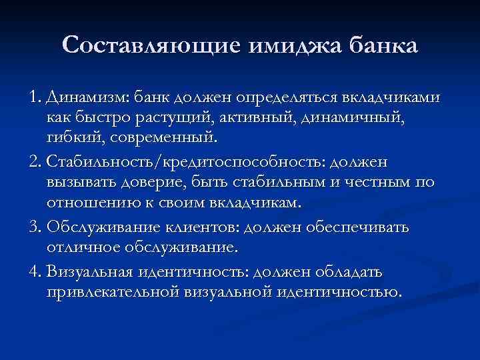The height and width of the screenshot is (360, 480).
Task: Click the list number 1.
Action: (34, 98)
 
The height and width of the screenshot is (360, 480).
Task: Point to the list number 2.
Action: (35, 163)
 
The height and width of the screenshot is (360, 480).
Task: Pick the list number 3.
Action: (35, 227)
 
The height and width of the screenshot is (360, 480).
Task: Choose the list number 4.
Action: (35, 271)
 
